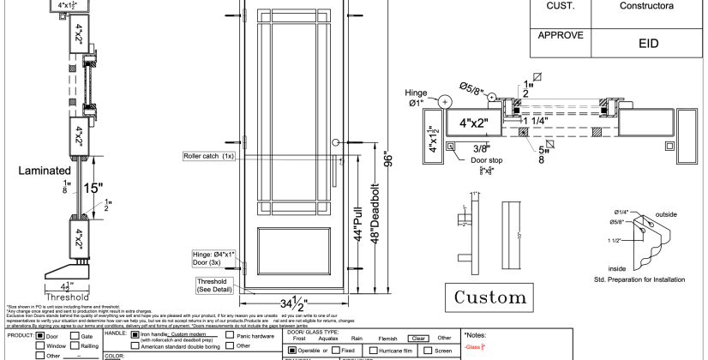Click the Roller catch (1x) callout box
[x=209, y=157]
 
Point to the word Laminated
[x=32, y=171]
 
